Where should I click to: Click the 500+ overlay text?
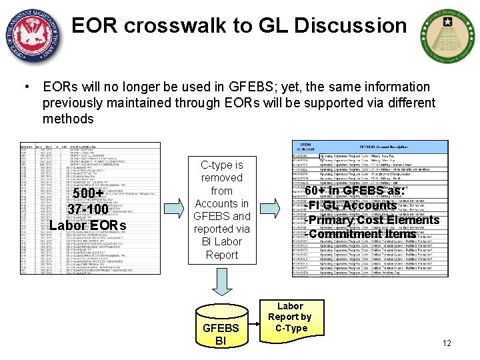click(88, 194)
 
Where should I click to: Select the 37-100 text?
click(88, 209)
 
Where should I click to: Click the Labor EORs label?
click(88, 225)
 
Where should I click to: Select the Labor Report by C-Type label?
click(289, 317)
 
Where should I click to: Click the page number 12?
click(447, 343)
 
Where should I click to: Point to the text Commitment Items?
click(362, 234)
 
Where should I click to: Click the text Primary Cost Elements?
click(374, 220)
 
